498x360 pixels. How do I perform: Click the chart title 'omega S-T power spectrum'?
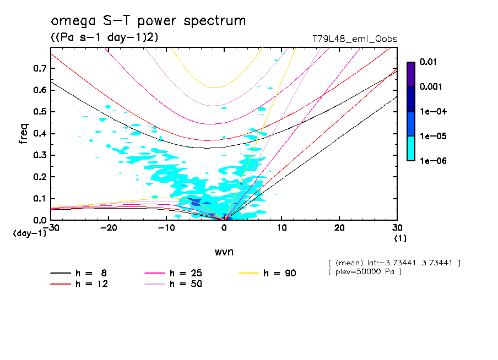coord(148,21)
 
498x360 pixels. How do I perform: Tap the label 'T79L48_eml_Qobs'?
coord(354,39)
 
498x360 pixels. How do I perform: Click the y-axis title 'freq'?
coord(24,134)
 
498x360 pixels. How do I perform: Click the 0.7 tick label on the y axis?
coord(39,68)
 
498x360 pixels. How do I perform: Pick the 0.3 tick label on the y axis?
coord(39,155)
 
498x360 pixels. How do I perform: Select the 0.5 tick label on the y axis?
coord(39,112)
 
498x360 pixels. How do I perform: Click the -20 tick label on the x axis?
coord(109,228)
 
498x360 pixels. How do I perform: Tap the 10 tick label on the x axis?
coord(282,228)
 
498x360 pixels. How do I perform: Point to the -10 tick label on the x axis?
coord(166,228)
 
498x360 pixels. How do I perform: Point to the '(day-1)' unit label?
coord(30,233)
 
